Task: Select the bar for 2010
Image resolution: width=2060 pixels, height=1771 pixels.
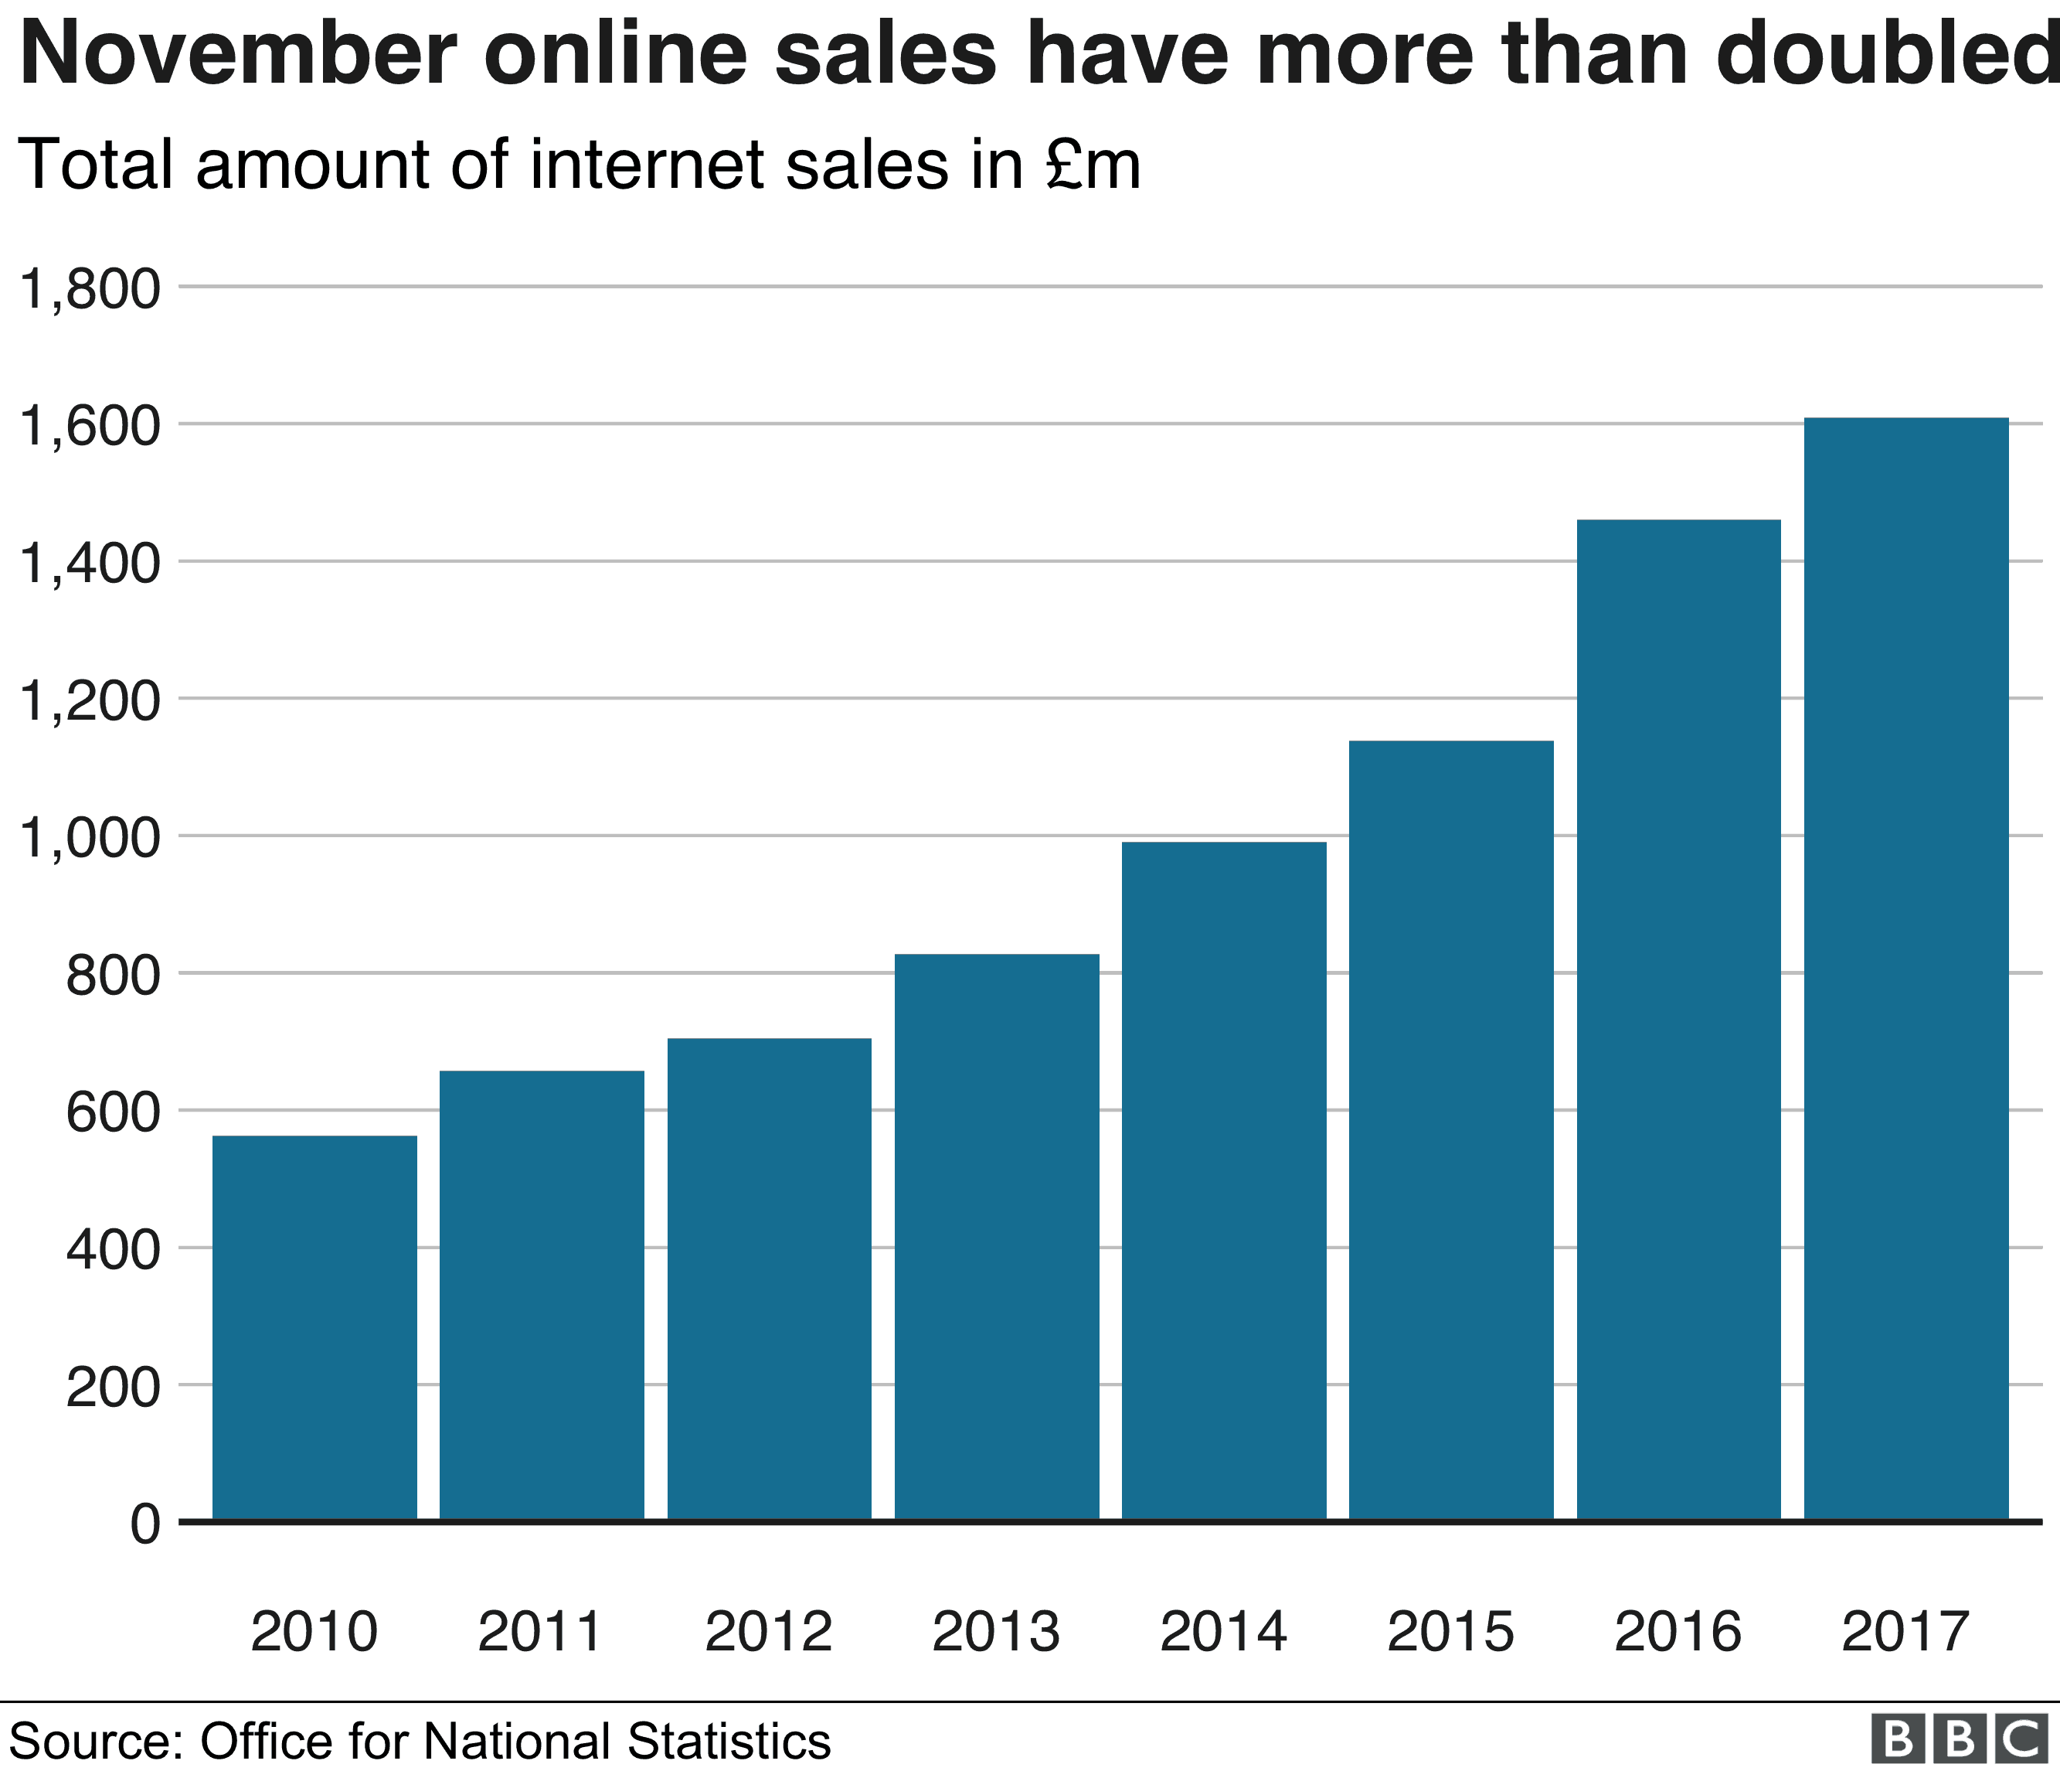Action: click(314, 1329)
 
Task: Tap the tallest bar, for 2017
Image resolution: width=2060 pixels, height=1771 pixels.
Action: click(1907, 969)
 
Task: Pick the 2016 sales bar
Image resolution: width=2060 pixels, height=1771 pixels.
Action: click(1679, 1020)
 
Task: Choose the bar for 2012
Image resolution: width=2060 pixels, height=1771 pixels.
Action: click(770, 1280)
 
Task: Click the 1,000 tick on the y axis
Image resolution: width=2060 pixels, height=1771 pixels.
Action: click(90, 838)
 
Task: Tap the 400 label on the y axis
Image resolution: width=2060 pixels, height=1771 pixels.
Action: click(112, 1250)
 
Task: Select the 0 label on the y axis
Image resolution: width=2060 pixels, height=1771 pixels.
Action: click(145, 1524)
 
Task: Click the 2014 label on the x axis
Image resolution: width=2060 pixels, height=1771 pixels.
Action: click(1224, 1632)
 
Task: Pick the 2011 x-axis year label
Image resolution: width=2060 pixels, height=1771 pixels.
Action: click(541, 1632)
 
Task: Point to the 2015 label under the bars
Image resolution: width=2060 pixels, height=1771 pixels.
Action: click(1450, 1632)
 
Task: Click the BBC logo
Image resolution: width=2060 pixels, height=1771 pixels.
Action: click(1960, 1739)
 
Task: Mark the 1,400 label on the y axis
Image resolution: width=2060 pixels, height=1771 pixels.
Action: click(90, 564)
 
